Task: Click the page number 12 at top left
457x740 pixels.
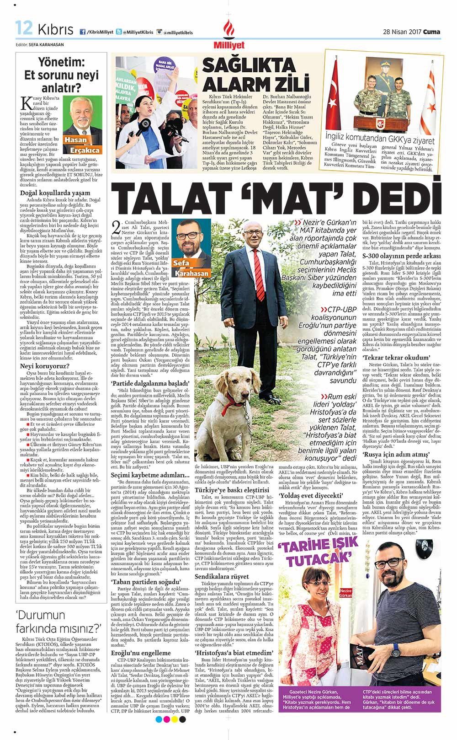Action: (x=23, y=28)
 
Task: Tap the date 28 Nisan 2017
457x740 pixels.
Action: (x=402, y=32)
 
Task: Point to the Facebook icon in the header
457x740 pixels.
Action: (x=83, y=32)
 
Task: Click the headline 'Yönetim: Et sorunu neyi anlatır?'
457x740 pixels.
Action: (x=61, y=75)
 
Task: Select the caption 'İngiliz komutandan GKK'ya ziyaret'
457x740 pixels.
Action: (x=379, y=139)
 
